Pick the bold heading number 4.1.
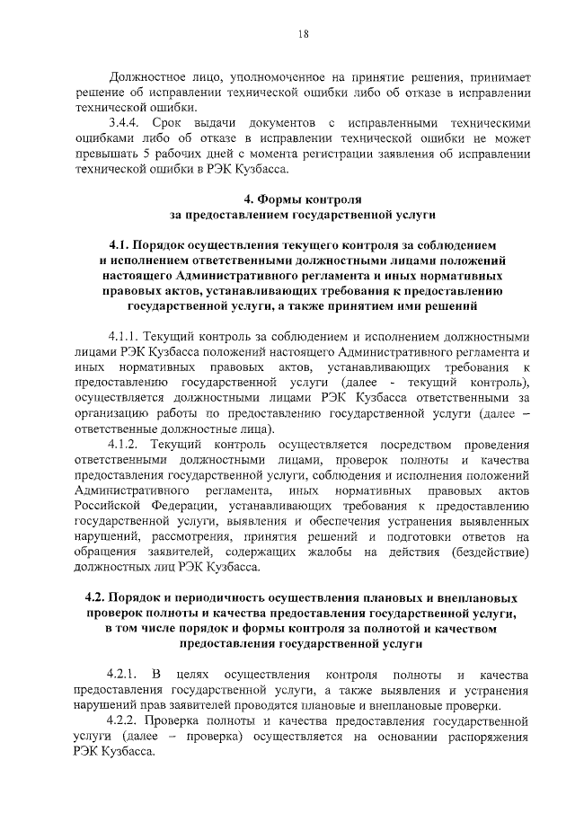click(x=120, y=245)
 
